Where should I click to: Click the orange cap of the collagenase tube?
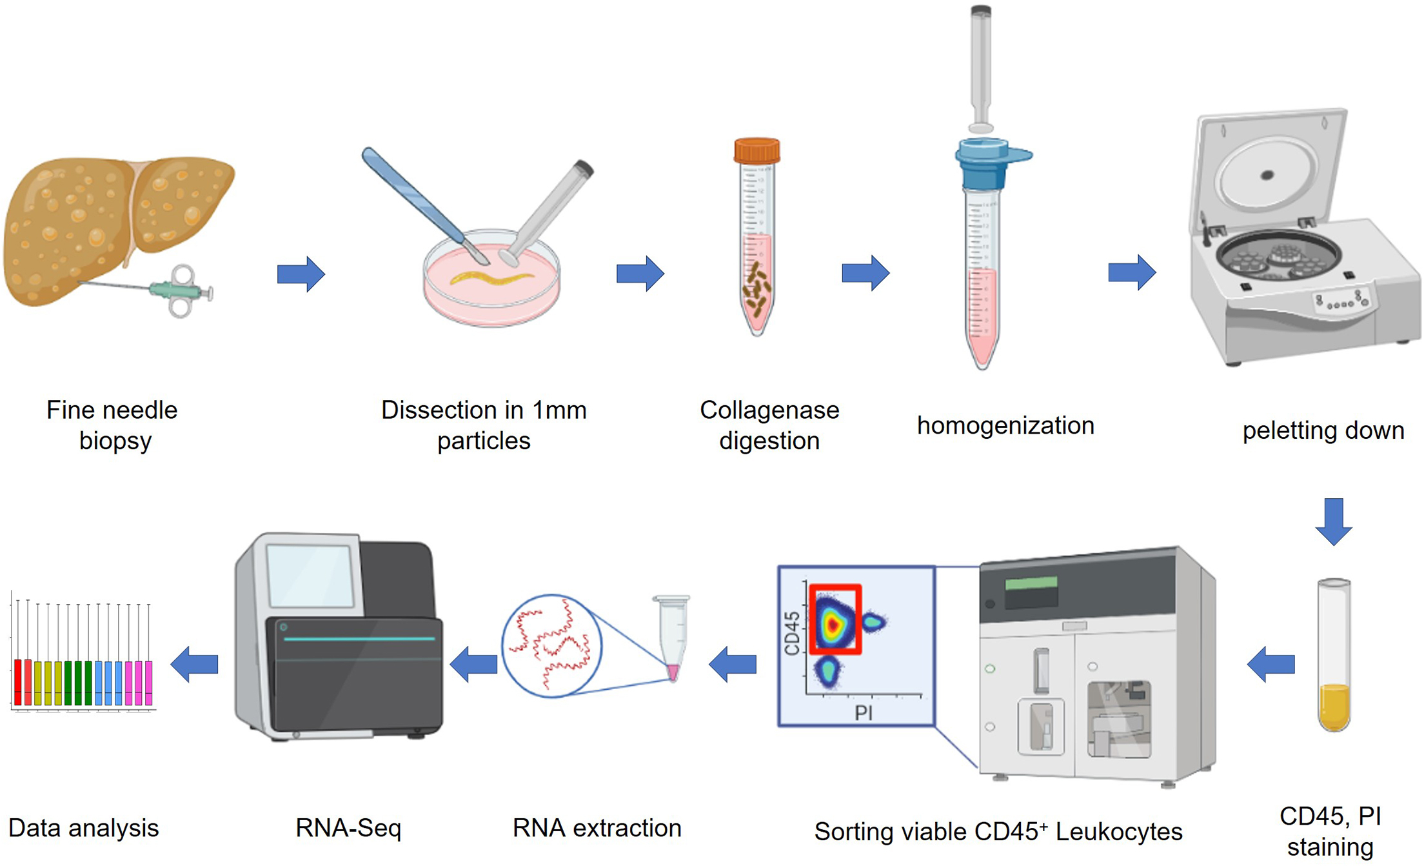pos(756,151)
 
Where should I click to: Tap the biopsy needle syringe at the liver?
pos(177,291)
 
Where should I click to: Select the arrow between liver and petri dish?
pos(301,274)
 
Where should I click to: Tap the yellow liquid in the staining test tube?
pos(1333,706)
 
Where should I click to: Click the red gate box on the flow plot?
pos(835,619)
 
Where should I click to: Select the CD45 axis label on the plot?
pos(792,633)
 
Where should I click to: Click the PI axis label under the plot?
pos(863,713)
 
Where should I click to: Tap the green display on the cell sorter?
pos(1031,583)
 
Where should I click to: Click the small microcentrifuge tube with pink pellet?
pos(672,636)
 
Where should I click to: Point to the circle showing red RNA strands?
pos(551,645)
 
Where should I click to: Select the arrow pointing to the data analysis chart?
pos(194,664)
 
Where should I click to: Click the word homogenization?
pos(1005,425)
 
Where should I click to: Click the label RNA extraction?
pos(597,828)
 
